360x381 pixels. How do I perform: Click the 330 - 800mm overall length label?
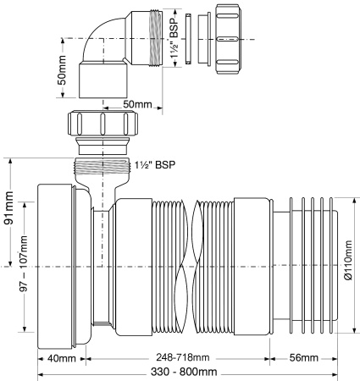186,372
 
